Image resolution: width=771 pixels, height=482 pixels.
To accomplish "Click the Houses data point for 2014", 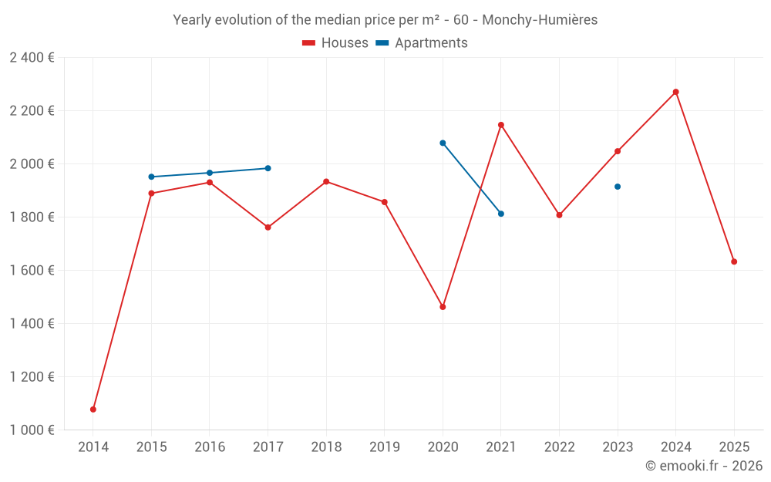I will click(93, 410).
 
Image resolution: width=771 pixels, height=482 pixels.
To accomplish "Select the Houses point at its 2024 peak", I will click(676, 92).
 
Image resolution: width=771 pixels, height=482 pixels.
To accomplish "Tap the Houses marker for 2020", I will click(443, 307).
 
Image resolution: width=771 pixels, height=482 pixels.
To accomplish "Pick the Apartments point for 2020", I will click(443, 143).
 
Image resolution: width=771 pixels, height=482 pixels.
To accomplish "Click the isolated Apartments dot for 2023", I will click(618, 187).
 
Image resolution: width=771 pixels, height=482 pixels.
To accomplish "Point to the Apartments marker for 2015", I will click(151, 177).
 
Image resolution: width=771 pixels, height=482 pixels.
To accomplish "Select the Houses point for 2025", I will click(734, 261).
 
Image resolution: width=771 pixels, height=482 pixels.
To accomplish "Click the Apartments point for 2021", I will click(501, 214).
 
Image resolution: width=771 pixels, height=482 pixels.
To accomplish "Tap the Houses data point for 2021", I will click(501, 125).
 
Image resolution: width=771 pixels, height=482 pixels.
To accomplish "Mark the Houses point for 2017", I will click(268, 228).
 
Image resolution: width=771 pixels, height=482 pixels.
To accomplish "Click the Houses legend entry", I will click(335, 43).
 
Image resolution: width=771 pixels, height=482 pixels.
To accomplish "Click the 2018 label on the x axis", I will click(326, 447).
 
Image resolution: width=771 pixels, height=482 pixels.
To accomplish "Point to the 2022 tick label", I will click(559, 447).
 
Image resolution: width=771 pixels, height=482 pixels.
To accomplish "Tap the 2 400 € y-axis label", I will click(32, 58).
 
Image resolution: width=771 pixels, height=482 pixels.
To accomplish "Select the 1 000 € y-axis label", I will click(32, 430).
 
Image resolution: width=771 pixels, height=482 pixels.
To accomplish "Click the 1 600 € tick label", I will click(32, 271).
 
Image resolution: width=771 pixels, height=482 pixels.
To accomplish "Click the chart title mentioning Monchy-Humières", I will click(385, 20).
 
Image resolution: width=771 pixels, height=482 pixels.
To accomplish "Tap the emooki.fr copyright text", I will click(703, 466).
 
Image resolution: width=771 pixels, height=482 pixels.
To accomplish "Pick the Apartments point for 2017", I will click(268, 168).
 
